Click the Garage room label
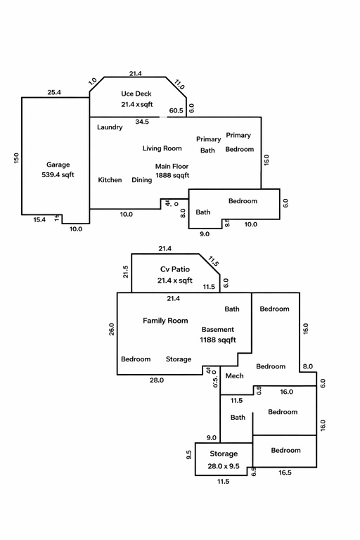pos(58,165)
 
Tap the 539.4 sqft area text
pos(58,174)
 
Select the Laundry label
pos(110,127)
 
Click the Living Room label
pos(162,148)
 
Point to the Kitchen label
pos(110,180)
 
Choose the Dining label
pos(141,180)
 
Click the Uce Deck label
pos(136,94)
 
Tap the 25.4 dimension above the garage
pos(54,92)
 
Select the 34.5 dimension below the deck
pos(142,122)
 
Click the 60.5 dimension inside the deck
pos(176,110)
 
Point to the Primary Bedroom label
pos(240,142)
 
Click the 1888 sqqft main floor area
pos(172,175)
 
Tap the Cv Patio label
pos(175,269)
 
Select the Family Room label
pos(165,321)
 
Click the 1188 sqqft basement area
pos(218,340)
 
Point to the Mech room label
pos(234,375)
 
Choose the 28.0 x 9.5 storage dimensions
pos(223,466)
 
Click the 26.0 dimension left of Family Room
pos(111,329)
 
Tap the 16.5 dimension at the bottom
pos(285,472)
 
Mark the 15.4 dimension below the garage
pos(39,219)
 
